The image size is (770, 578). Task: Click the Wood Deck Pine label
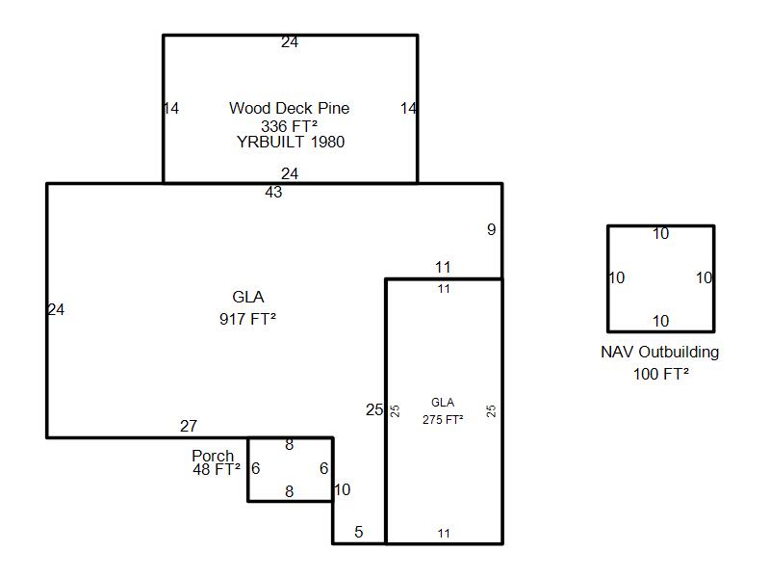290,108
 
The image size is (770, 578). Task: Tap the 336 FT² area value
290,126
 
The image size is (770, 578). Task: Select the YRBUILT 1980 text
291,142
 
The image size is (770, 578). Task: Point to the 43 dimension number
273,192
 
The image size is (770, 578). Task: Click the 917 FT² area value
248,319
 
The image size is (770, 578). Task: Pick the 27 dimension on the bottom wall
189,426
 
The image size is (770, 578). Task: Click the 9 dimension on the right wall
492,229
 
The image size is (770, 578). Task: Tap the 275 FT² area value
443,420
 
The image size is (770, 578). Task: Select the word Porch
213,456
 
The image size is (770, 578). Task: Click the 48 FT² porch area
217,469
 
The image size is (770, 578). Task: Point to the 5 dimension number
359,532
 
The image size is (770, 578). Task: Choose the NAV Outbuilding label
660,352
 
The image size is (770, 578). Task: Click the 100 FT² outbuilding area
661,374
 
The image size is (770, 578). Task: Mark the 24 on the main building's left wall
56,309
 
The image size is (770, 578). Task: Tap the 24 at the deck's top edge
290,42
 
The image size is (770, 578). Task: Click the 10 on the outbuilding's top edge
661,233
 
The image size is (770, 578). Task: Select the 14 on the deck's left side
171,108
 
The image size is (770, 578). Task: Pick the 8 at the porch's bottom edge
290,491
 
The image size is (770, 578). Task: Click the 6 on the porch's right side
323,468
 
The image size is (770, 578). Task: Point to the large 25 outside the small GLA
374,409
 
